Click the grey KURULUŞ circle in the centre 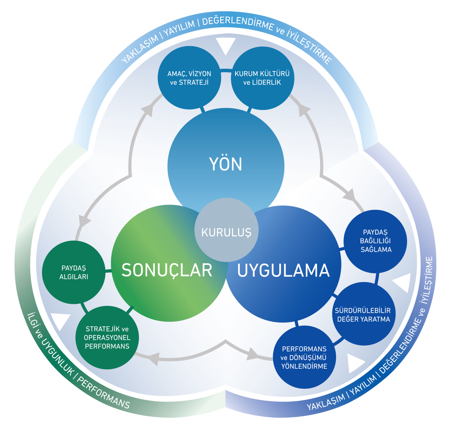226,231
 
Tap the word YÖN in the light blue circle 226,164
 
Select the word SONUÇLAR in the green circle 167,270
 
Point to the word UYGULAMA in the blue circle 283,271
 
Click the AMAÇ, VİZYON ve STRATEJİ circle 189,78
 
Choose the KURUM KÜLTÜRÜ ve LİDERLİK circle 262,78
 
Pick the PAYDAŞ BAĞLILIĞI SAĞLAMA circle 375,241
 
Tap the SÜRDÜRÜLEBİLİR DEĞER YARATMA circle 364,315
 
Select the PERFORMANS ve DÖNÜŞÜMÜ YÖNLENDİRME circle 304,357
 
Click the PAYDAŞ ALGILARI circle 74,272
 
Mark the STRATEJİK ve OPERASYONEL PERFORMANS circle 107,337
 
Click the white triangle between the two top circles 226,45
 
